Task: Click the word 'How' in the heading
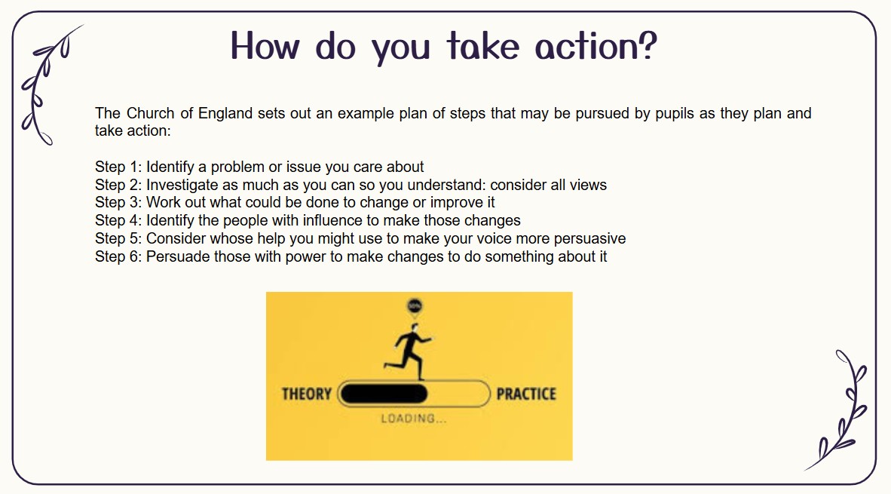point(265,46)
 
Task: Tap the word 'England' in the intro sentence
point(225,115)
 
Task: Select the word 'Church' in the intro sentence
point(150,113)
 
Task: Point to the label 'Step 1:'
point(118,167)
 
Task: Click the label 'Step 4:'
point(118,220)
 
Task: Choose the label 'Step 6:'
point(118,257)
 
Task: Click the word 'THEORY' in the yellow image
point(306,394)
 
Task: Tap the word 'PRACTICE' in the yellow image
point(526,394)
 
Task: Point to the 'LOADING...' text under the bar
point(414,419)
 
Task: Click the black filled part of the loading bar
point(384,394)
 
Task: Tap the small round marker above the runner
point(415,307)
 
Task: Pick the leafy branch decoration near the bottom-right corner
point(837,410)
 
